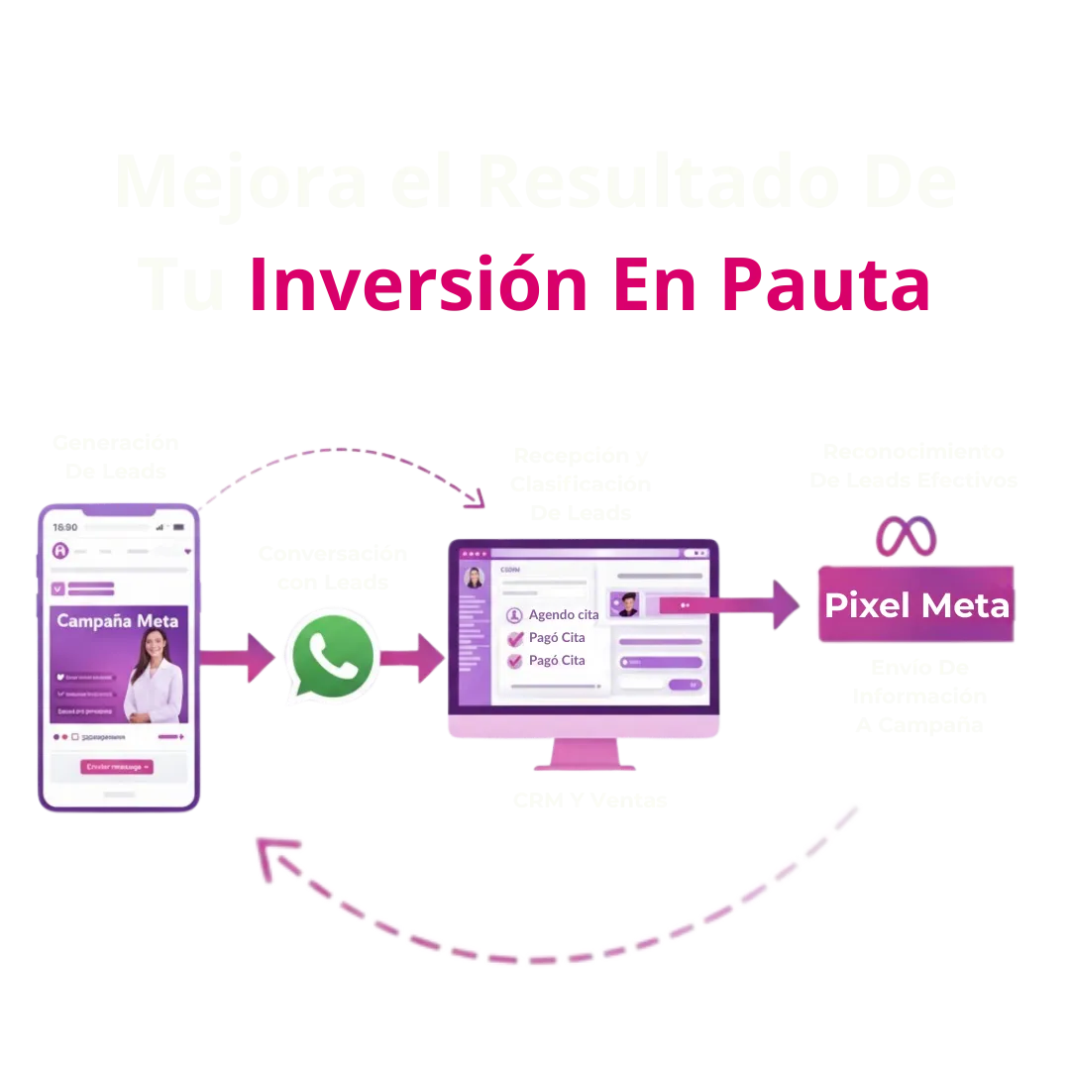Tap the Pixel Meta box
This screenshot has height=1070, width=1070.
916,605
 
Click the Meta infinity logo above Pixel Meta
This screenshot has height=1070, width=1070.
905,536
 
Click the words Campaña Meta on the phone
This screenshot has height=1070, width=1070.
118,621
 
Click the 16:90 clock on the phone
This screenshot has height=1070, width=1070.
64,527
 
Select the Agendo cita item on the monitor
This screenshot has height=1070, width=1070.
563,614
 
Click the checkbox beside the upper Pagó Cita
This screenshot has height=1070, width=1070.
515,638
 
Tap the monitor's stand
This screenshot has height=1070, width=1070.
585,757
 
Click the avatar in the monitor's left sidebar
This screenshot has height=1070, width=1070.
475,578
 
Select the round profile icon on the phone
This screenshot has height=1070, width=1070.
60,552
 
